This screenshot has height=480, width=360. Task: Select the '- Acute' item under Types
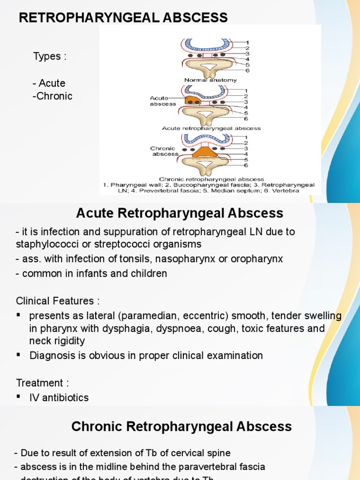click(x=49, y=83)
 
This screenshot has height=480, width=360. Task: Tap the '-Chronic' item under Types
click(x=52, y=96)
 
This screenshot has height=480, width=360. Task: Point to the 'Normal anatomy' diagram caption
click(x=210, y=80)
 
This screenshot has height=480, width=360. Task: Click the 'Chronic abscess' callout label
click(x=165, y=151)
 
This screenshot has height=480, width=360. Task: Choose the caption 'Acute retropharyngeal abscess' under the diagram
click(x=211, y=128)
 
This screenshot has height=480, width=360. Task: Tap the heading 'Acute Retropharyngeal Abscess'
click(x=180, y=214)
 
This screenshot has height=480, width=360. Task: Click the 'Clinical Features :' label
click(x=58, y=300)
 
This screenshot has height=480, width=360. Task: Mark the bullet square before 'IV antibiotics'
click(x=19, y=397)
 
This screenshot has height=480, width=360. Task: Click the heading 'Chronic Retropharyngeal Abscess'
click(x=181, y=427)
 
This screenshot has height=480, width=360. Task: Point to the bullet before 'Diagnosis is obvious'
click(x=19, y=355)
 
